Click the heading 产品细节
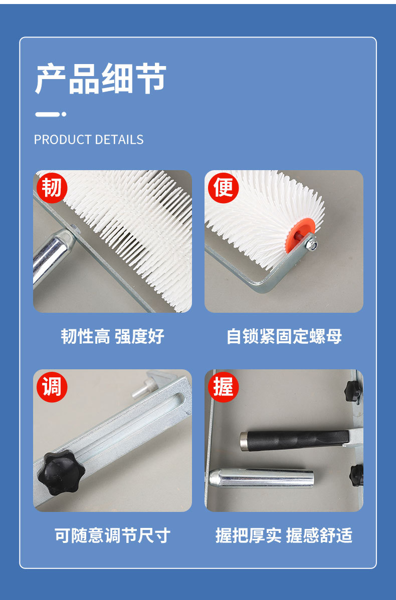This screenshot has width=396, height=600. pos(100,79)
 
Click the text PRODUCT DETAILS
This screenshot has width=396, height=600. pos(89,140)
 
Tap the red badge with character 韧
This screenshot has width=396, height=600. pos(51,187)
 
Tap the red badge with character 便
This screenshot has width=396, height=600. pos(223,187)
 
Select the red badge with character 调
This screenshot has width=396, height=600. pos(51,386)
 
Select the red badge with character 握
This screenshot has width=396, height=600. pos(223,386)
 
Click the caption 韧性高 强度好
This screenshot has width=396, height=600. pos(112,336)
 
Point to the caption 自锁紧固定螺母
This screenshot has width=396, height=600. pos(284,336)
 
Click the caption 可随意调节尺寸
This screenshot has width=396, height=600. pos(112,535)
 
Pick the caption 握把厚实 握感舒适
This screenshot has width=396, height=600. pos(284,535)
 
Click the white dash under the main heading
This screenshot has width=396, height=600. pos(47,114)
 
